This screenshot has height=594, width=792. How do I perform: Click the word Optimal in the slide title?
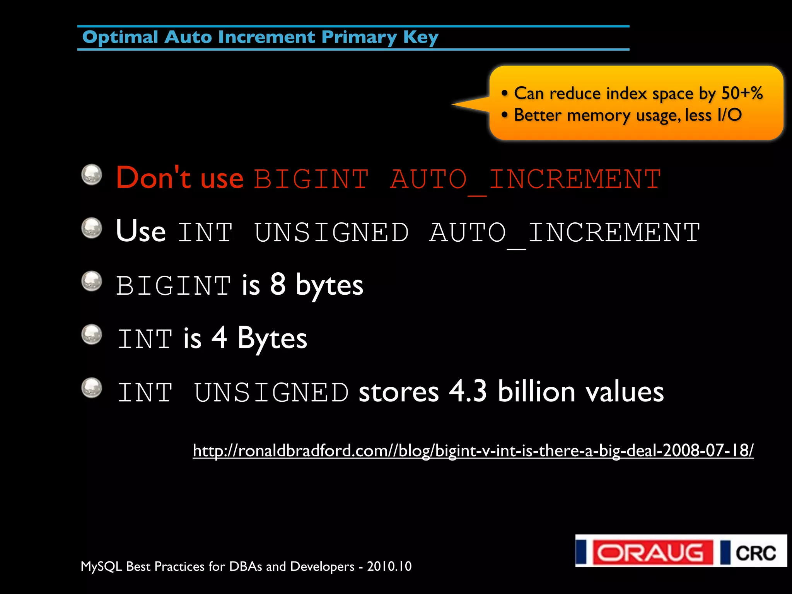point(120,38)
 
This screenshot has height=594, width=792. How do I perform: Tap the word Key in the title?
point(421,38)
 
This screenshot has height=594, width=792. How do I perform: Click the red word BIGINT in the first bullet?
point(311,179)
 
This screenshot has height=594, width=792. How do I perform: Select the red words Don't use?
point(179,178)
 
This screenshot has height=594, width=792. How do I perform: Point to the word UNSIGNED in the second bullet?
point(331,232)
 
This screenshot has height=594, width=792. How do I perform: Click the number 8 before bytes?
point(278,284)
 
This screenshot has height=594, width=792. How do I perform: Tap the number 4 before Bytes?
point(219,338)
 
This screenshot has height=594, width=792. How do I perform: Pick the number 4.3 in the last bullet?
point(468,391)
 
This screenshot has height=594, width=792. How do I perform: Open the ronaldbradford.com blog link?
point(473,451)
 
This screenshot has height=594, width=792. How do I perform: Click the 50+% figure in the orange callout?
point(742,93)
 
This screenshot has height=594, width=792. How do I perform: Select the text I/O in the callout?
point(729,115)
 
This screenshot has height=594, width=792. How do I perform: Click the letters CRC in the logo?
point(755,553)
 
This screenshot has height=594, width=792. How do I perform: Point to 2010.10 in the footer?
point(389,567)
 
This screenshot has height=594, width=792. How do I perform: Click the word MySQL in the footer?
point(101,567)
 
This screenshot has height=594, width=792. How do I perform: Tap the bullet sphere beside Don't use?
point(92,175)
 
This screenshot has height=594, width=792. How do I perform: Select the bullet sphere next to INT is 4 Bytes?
point(92,335)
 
